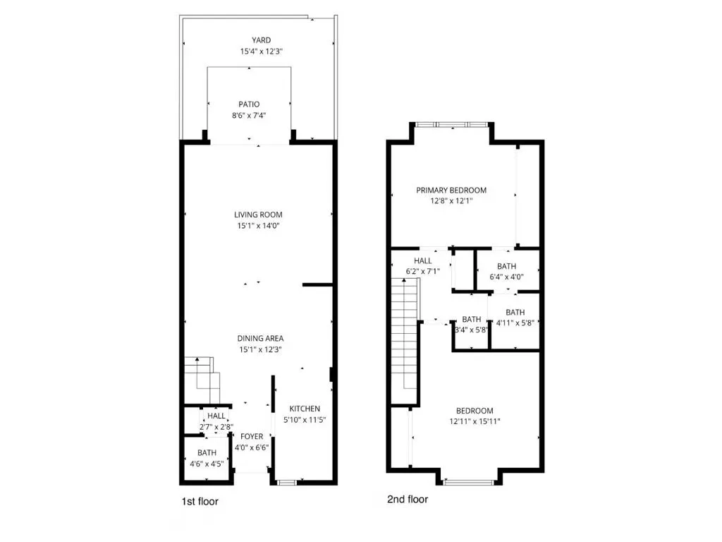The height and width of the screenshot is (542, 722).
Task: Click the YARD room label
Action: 261,40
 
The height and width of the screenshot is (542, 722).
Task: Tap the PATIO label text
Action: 249,104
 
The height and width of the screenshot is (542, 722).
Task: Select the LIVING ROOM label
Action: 258,215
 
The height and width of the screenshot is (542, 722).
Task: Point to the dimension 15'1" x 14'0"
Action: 258,225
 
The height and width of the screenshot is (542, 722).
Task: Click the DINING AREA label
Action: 260,338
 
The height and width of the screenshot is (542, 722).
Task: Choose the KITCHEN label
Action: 305,409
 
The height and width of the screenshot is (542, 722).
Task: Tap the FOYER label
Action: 252,436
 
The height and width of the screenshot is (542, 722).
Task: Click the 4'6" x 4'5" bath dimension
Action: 207,464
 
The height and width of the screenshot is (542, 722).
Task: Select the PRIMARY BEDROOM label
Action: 451,190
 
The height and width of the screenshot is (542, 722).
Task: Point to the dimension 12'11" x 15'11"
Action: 475,421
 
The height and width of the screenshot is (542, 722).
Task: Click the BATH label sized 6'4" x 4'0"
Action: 506,266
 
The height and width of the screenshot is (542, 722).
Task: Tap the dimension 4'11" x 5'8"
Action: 515,323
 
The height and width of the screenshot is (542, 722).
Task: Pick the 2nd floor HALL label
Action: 423,260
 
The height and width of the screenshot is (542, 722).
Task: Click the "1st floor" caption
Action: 200,502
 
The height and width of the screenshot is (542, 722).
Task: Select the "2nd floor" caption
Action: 408,499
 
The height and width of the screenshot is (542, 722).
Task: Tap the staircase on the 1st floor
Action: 202,380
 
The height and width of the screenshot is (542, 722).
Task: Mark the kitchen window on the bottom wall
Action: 286,483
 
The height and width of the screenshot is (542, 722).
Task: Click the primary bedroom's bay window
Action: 451,124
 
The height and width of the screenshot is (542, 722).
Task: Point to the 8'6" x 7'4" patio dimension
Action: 249,115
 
